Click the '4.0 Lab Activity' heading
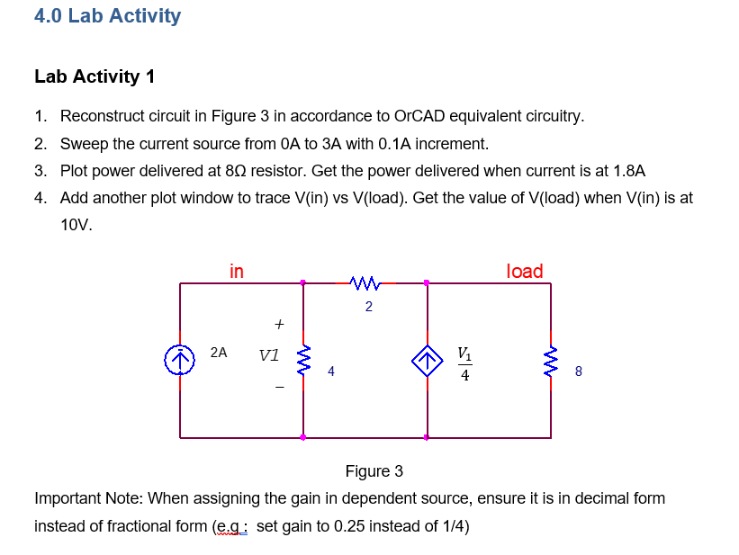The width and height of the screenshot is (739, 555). [x=107, y=16]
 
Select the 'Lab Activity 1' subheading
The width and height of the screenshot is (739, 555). [x=95, y=76]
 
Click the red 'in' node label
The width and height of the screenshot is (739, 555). [x=236, y=271]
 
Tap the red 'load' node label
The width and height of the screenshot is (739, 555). [x=525, y=271]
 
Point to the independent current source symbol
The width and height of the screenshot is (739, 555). [x=180, y=361]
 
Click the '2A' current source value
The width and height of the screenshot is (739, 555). [x=218, y=353]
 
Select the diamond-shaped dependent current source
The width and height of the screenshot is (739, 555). [x=427, y=361]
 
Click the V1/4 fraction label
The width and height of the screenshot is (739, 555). [x=464, y=363]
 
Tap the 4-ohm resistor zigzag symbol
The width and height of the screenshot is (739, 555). [x=303, y=361]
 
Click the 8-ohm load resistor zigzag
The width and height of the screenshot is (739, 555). [x=551, y=361]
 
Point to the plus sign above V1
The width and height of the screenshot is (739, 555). [x=279, y=322]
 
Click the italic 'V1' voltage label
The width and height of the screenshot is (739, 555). [x=268, y=355]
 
